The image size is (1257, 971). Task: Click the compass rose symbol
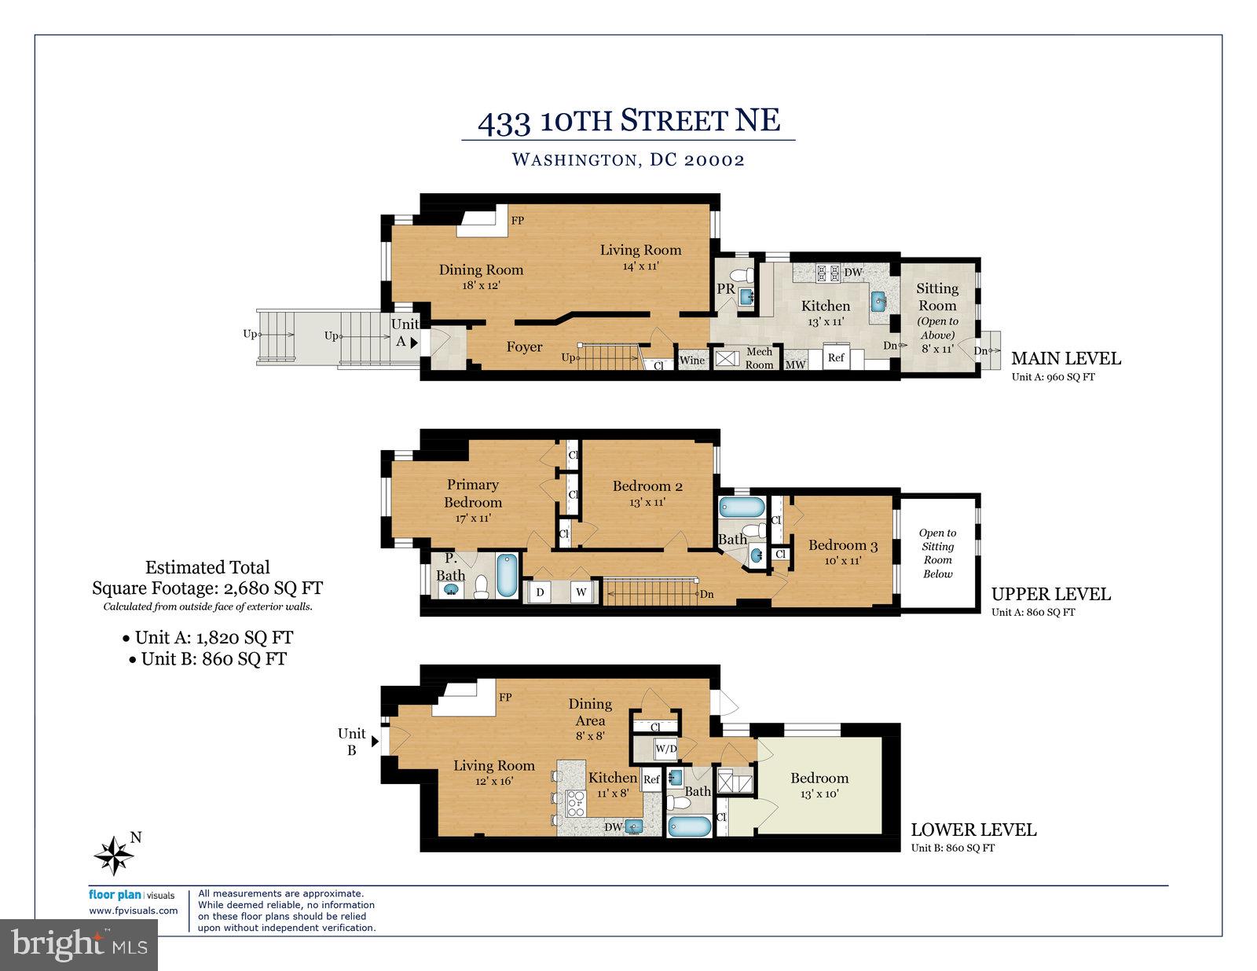[x=115, y=856]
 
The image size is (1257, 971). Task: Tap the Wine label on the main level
[x=692, y=361]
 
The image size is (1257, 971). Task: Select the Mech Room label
[x=759, y=358]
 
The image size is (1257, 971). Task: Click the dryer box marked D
[x=540, y=592]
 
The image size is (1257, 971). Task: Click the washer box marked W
[x=582, y=592]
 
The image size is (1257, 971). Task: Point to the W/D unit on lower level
[x=665, y=749]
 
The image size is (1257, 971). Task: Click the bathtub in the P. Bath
[x=507, y=576]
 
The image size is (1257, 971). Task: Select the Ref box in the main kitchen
[x=836, y=357]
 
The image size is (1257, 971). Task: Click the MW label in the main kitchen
[x=795, y=365]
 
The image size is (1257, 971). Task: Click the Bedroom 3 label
[x=843, y=545]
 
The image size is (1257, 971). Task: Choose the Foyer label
[x=524, y=346]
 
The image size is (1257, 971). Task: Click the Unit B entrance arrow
[x=375, y=740]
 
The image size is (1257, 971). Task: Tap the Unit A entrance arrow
[x=414, y=343]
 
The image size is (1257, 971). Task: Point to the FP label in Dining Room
[x=517, y=221]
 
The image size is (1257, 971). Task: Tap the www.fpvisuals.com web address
[x=134, y=911]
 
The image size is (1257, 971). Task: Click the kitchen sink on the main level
[x=880, y=300]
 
